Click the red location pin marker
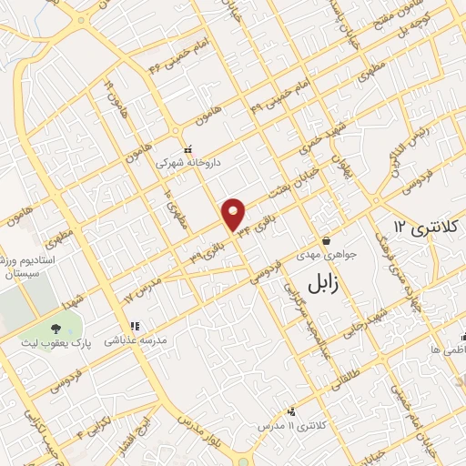(x=235, y=213)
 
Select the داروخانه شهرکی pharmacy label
(x=188, y=164)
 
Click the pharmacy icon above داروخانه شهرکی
(x=188, y=150)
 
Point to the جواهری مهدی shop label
(x=325, y=256)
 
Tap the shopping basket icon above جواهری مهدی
(x=325, y=241)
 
